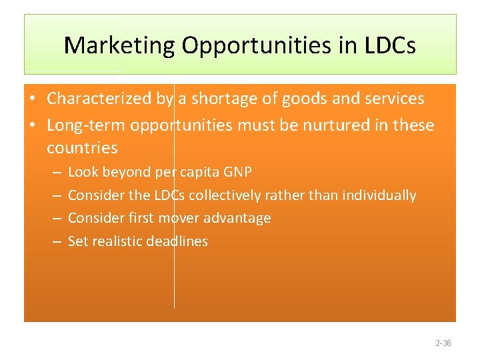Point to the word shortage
click(224, 99)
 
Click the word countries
click(82, 147)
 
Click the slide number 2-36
click(443, 343)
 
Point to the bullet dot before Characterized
click(32, 99)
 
